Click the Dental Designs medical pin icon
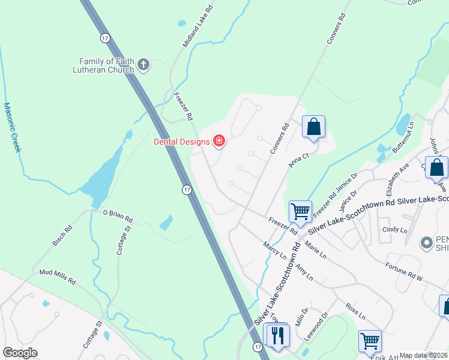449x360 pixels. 219,142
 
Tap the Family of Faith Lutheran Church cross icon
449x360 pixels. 143,65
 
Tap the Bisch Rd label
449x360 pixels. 62,235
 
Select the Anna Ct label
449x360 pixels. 299,160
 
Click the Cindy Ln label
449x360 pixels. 395,230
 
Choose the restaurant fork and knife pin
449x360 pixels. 277,334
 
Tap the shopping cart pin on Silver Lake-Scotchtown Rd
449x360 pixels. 300,211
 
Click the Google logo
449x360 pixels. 20,353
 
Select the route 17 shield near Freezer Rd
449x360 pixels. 187,190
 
